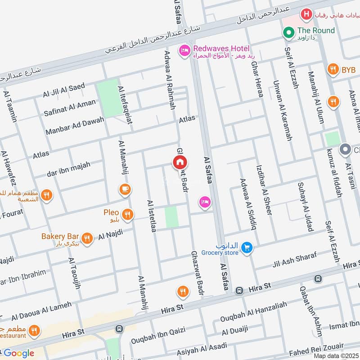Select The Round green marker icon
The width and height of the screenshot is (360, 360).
coord(288,32)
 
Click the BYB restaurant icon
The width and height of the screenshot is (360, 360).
coord(333,70)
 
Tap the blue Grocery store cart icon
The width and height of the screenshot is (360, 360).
coord(246,247)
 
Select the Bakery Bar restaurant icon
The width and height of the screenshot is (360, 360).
coord(87,238)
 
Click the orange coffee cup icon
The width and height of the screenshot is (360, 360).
coord(126,190)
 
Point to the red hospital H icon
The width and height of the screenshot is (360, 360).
coord(306,15)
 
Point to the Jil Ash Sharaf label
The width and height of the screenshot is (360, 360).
coord(294,261)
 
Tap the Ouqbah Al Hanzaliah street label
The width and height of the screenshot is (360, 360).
coord(253,311)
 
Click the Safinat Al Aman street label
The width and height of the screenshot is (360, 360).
coord(70,108)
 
